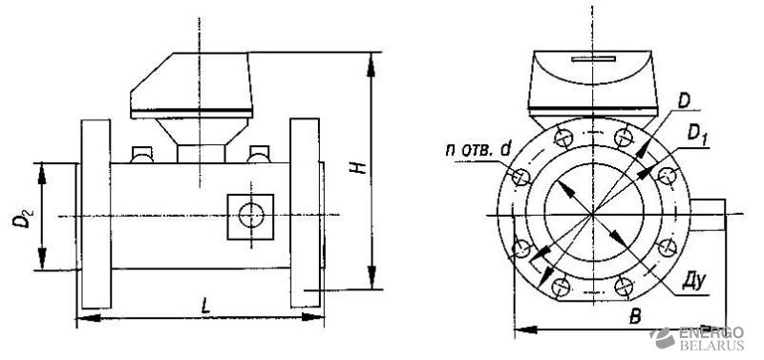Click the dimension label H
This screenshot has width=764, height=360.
pyautogui.click(x=359, y=167)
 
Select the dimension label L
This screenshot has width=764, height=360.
pyautogui.click(x=206, y=306)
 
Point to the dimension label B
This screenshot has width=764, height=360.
pyautogui.click(x=635, y=317)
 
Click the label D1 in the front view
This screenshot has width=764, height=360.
pyautogui.click(x=697, y=134)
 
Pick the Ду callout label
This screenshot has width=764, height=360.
pyautogui.click(x=691, y=282)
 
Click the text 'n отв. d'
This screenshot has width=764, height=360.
pyautogui.click(x=478, y=150)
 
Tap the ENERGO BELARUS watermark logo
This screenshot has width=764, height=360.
pyautogui.click(x=697, y=338)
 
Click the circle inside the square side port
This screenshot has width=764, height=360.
pyautogui.click(x=251, y=216)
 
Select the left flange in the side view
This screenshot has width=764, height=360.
pyautogui.click(x=96, y=214)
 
